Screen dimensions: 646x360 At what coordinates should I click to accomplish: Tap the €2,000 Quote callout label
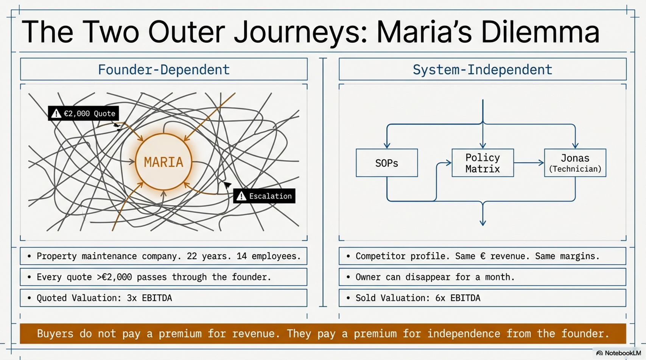tap(83, 113)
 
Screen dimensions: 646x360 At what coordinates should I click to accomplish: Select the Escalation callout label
tap(264, 196)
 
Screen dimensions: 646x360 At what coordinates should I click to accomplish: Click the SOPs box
tap(387, 163)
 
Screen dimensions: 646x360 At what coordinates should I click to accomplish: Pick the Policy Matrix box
tap(483, 163)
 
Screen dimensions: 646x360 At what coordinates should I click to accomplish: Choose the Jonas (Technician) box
tap(575, 163)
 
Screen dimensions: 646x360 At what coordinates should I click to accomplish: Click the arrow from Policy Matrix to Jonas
tap(529, 163)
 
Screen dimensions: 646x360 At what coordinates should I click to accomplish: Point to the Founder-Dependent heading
tap(164, 70)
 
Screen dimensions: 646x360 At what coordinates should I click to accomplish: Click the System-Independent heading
tap(483, 70)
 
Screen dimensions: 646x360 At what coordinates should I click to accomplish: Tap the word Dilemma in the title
tap(540, 32)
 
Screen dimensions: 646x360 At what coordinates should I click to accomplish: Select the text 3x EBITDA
tap(149, 298)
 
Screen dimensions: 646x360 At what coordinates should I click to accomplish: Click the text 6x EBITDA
tap(458, 298)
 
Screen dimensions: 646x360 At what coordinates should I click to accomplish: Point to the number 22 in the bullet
tap(192, 256)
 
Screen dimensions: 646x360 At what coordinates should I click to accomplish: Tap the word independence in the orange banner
tap(464, 334)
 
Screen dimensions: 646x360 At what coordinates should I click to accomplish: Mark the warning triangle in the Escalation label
tap(241, 196)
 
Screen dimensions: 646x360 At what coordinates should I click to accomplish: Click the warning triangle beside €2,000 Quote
tap(56, 113)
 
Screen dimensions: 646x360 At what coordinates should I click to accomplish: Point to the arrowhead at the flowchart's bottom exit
tap(483, 222)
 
